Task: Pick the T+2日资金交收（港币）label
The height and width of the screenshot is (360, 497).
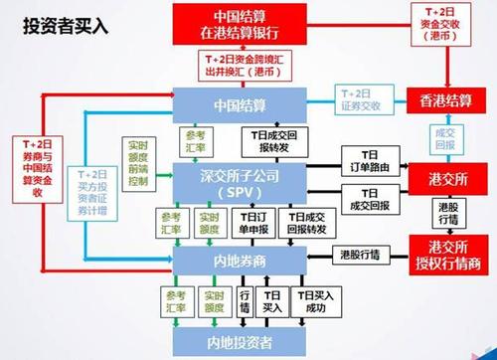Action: click(443, 26)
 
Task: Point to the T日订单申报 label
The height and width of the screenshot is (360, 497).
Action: click(253, 222)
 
